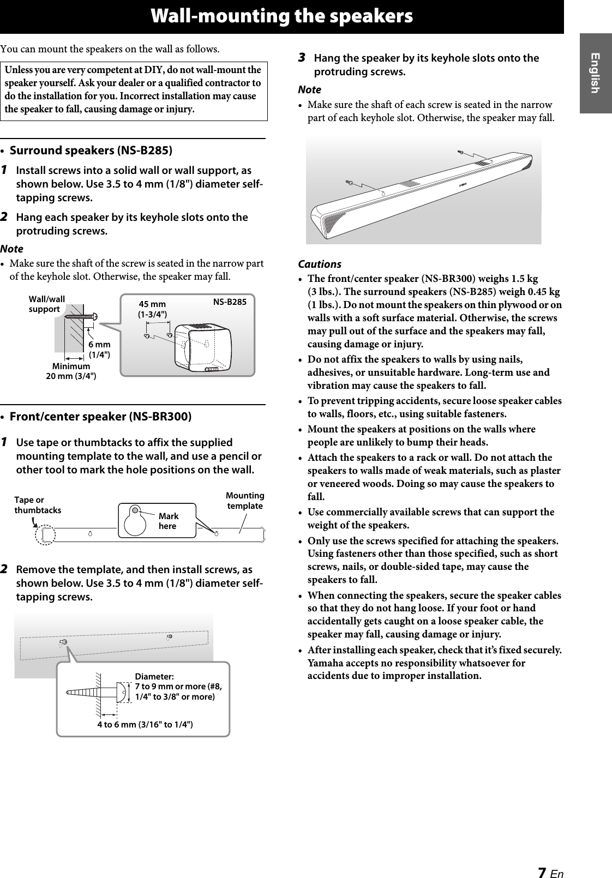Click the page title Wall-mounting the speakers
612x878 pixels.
click(x=281, y=16)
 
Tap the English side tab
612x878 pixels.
click(x=595, y=73)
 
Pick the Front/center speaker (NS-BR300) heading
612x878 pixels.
click(x=101, y=417)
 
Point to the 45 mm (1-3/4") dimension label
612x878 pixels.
click(x=153, y=309)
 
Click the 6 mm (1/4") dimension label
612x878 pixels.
click(x=100, y=350)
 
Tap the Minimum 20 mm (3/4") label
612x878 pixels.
click(x=71, y=371)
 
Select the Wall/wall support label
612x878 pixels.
click(x=46, y=304)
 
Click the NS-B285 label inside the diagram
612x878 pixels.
click(x=230, y=301)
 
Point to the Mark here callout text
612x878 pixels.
click(x=168, y=521)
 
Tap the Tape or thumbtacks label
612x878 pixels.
click(x=37, y=505)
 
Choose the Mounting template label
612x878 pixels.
click(x=245, y=501)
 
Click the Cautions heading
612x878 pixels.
click(x=320, y=264)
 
